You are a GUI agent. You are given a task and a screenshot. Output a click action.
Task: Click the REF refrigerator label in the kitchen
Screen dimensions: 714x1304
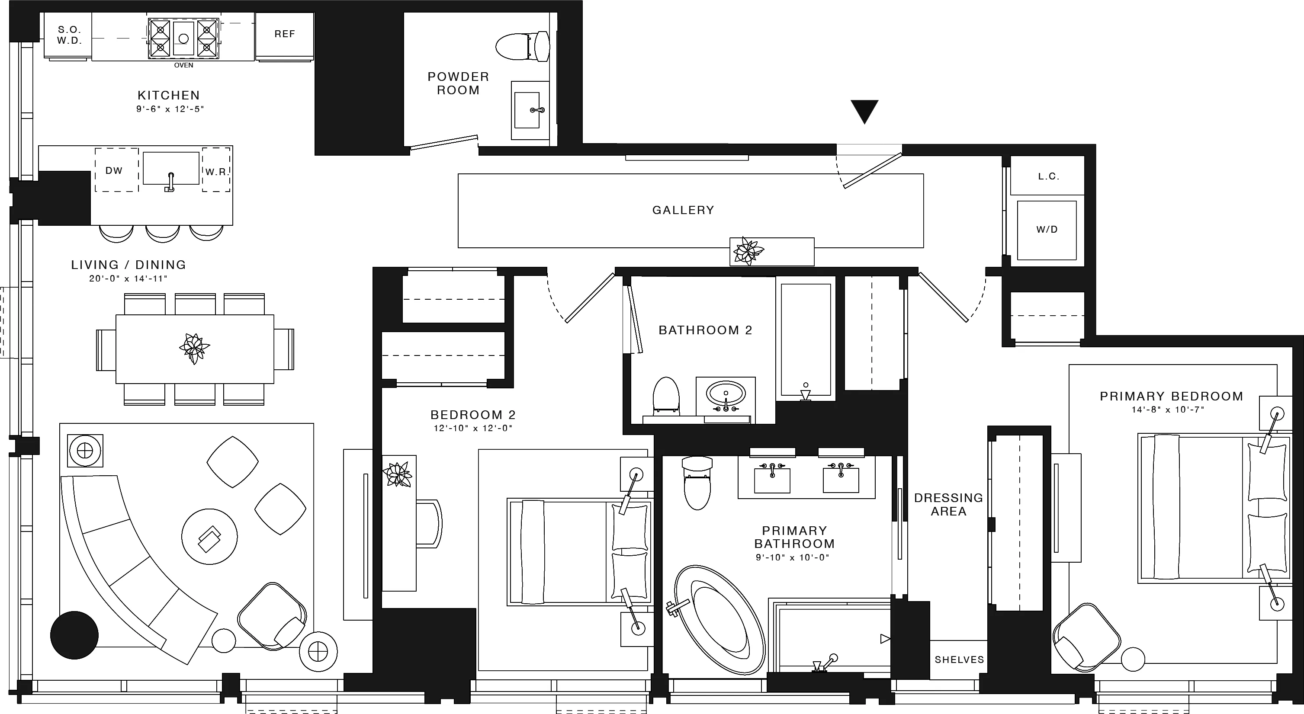285,34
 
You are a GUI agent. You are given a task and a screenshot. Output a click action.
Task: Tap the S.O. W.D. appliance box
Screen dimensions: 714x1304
69,35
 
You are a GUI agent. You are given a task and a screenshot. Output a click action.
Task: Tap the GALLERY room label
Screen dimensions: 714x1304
683,210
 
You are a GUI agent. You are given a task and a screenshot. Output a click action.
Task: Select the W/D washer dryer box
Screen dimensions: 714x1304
1046,230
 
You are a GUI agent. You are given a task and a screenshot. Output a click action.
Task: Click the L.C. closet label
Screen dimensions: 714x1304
1048,176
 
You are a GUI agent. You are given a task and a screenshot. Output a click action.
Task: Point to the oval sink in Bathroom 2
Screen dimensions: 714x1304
726,393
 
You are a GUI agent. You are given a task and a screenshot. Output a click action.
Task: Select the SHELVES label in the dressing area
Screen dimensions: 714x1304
959,660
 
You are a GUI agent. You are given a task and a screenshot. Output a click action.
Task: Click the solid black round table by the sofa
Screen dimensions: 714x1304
74,635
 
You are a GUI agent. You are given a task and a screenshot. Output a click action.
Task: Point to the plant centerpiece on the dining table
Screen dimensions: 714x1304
194,348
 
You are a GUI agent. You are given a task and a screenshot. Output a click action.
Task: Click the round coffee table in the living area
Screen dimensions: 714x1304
209,536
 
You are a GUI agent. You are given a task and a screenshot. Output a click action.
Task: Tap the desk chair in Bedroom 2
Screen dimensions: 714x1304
429,523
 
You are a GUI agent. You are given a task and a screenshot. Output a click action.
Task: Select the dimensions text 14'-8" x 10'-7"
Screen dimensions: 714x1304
1167,410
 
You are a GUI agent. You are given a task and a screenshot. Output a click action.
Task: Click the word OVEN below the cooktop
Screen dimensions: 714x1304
183,65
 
